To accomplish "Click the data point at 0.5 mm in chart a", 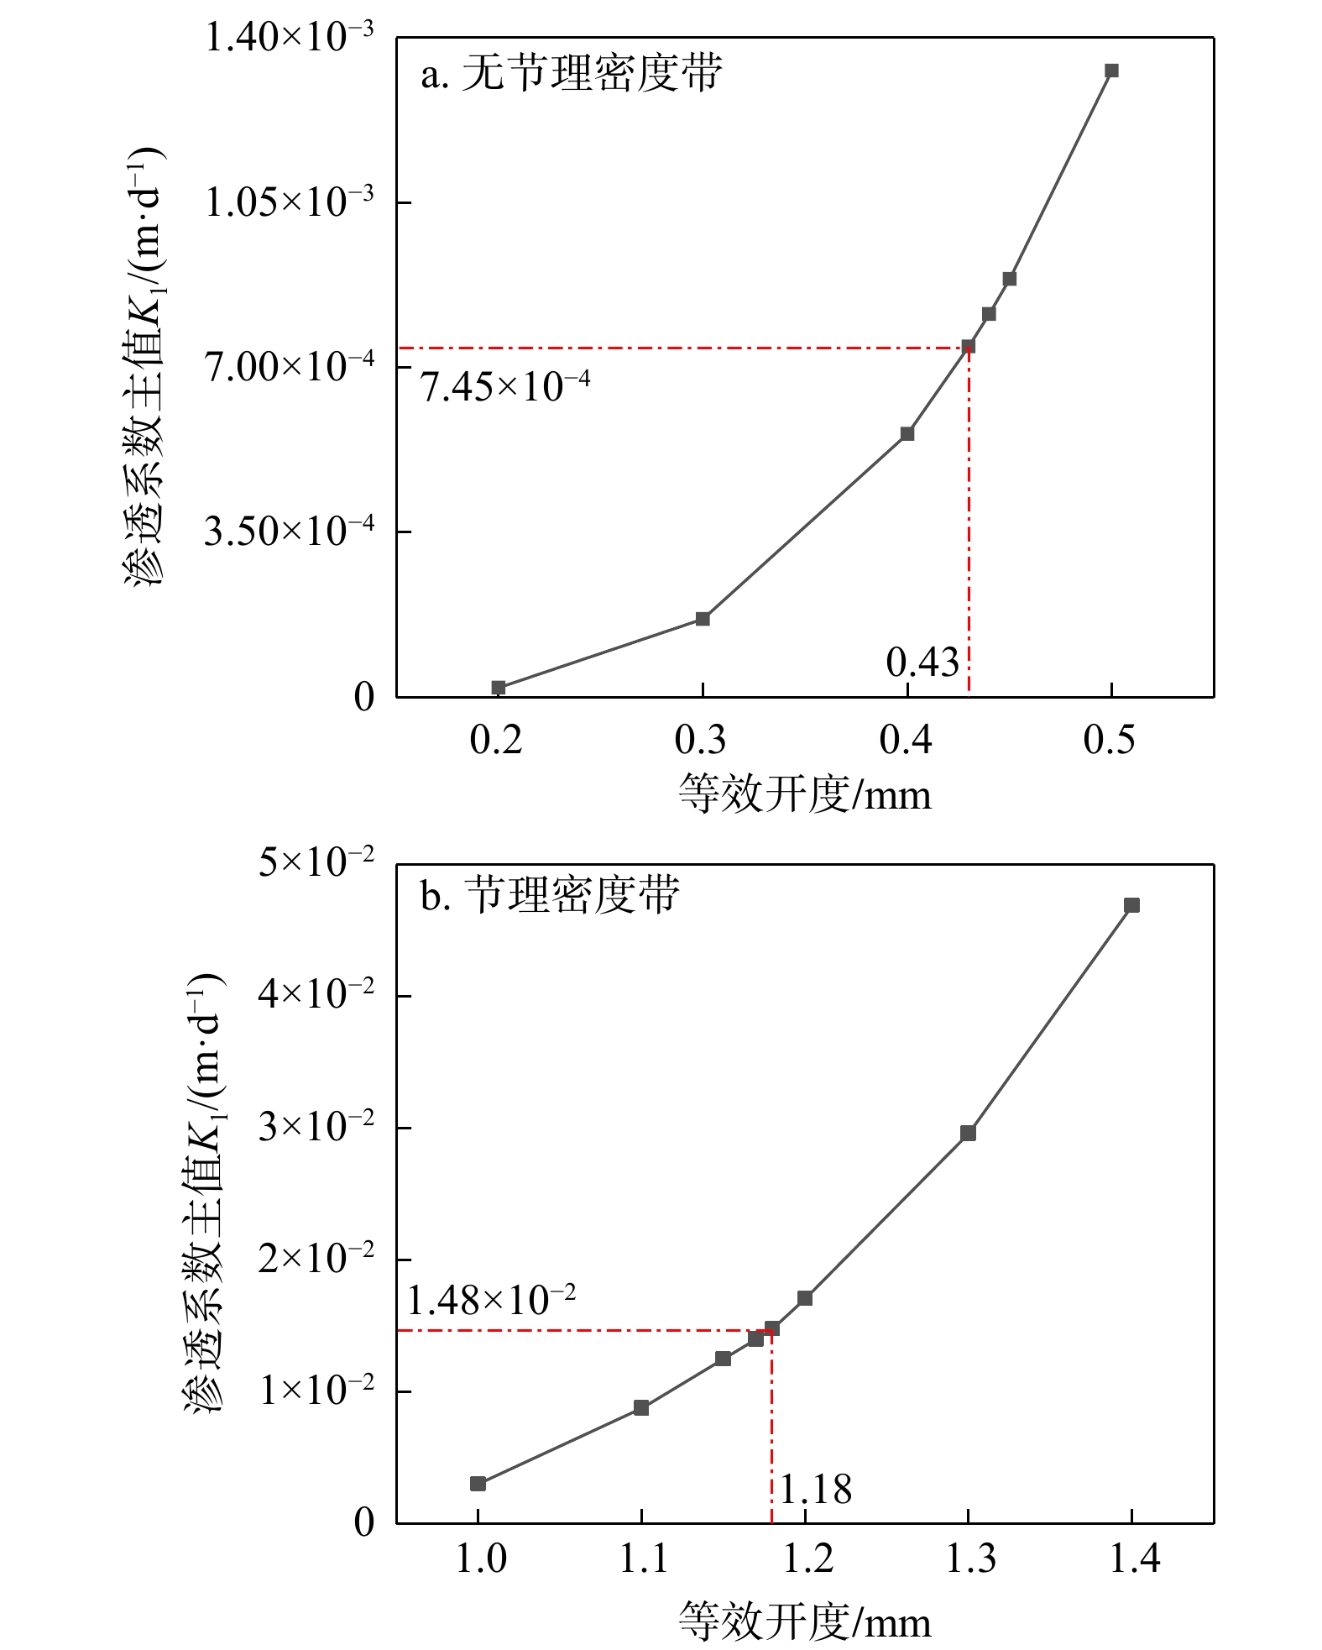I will (1111, 71).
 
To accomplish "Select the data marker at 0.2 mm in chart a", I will (499, 688).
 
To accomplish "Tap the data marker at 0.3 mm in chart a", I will (703, 619).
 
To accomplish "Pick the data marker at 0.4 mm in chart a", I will (907, 433).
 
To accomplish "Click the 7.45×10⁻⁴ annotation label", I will (505, 387).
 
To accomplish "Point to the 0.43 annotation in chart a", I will (922, 663).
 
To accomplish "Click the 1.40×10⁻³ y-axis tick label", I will (290, 38).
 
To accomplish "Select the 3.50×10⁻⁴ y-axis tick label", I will (290, 532).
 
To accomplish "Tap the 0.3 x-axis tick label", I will (701, 740).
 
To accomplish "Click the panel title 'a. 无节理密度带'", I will (572, 74).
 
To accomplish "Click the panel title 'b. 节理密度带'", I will (551, 895).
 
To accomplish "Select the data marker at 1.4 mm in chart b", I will (1131, 905).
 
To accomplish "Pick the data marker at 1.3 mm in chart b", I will (968, 1134).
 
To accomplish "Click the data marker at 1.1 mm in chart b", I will (641, 1408).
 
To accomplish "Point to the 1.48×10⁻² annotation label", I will (492, 1301).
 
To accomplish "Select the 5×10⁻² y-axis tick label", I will (316, 862).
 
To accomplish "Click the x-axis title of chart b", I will (804, 1621).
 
